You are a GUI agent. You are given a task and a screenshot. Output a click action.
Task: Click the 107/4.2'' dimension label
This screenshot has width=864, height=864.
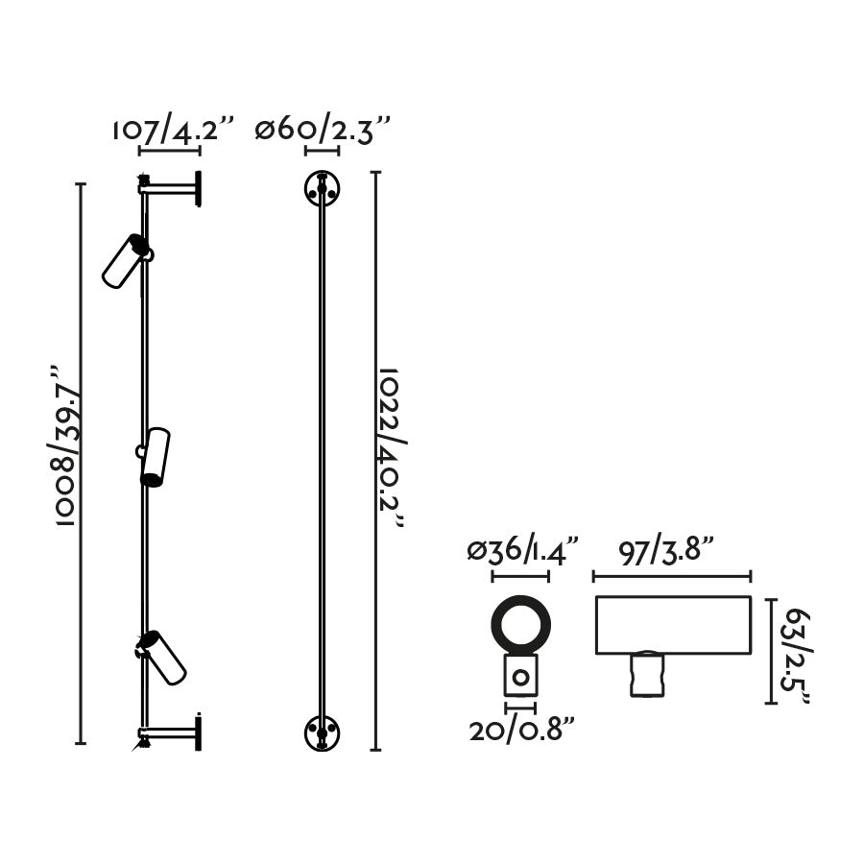[x=174, y=130]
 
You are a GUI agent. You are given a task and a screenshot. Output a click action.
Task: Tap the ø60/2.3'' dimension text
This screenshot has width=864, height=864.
[x=323, y=130]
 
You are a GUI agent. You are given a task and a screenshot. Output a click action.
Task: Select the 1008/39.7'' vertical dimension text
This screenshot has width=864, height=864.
[x=63, y=445]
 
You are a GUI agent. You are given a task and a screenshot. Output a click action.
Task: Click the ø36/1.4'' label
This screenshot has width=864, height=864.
[x=524, y=552]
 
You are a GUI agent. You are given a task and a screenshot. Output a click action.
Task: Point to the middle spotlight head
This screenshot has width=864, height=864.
[x=155, y=456]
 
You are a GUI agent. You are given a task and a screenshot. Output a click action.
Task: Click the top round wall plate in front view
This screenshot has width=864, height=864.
[x=323, y=188]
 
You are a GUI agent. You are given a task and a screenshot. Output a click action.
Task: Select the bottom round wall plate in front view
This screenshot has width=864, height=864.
[x=323, y=733]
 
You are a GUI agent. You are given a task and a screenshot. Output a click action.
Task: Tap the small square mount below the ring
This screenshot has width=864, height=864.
[x=520, y=676]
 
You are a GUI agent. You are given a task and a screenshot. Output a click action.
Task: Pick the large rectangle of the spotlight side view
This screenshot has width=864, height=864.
[x=672, y=624]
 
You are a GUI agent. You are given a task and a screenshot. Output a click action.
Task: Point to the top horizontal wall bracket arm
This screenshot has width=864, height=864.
[x=168, y=189]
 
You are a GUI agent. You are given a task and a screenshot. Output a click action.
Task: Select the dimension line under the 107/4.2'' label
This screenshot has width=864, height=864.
[x=169, y=150]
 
